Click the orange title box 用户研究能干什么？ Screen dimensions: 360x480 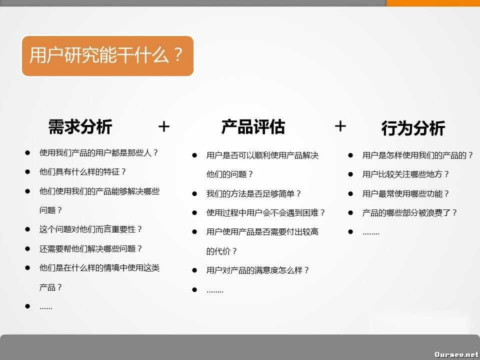pos(107,55)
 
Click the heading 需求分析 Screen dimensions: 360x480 pos(80,126)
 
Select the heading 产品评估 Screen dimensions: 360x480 pos(253,126)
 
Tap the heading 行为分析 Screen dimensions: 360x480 pos(413,128)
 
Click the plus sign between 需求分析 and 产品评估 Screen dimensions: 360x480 pos(164,127)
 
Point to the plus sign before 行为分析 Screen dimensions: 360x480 pos(340,126)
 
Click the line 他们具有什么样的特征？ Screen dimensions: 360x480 pos(83,171)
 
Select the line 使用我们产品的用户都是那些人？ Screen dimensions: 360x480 pos(99,152)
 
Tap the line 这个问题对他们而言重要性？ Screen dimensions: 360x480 pos(91,229)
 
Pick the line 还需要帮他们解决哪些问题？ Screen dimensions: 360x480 pos(91,248)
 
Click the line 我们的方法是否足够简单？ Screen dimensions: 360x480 pos(254,193)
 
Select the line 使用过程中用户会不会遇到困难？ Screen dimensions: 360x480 pos(266,212)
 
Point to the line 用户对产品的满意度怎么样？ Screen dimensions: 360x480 pos(258,270)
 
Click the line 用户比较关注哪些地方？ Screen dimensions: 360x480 pos(406,174)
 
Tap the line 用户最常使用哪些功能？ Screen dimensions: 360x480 pos(406,193)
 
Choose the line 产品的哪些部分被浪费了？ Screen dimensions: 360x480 pos(410,212)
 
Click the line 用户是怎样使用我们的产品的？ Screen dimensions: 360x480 pos(418,155)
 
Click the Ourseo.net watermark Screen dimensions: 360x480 pos(456,354)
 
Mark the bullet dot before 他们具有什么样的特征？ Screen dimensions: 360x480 pos(27,171)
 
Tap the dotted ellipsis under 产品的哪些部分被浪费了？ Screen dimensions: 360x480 pos(371,232)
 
